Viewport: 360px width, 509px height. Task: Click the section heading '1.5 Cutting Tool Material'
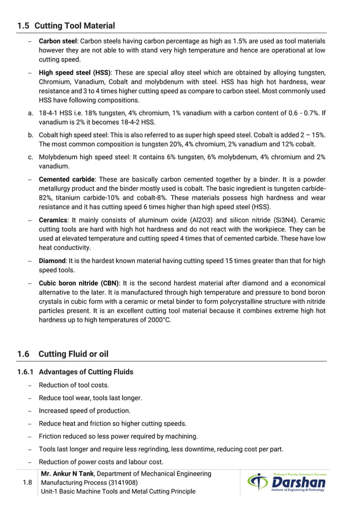(x=66, y=25)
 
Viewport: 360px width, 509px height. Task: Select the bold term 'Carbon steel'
(x=57, y=42)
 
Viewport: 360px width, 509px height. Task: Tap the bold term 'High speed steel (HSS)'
(x=74, y=73)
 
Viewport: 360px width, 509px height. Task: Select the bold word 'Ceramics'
(x=53, y=220)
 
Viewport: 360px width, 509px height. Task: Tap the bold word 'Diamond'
(x=52, y=261)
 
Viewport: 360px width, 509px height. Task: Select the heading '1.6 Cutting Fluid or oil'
(x=63, y=354)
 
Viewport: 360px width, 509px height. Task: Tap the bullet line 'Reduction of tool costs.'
(x=73, y=385)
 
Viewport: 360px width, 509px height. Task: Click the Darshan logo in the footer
(x=287, y=483)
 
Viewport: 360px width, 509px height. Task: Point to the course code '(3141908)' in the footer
(x=121, y=482)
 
